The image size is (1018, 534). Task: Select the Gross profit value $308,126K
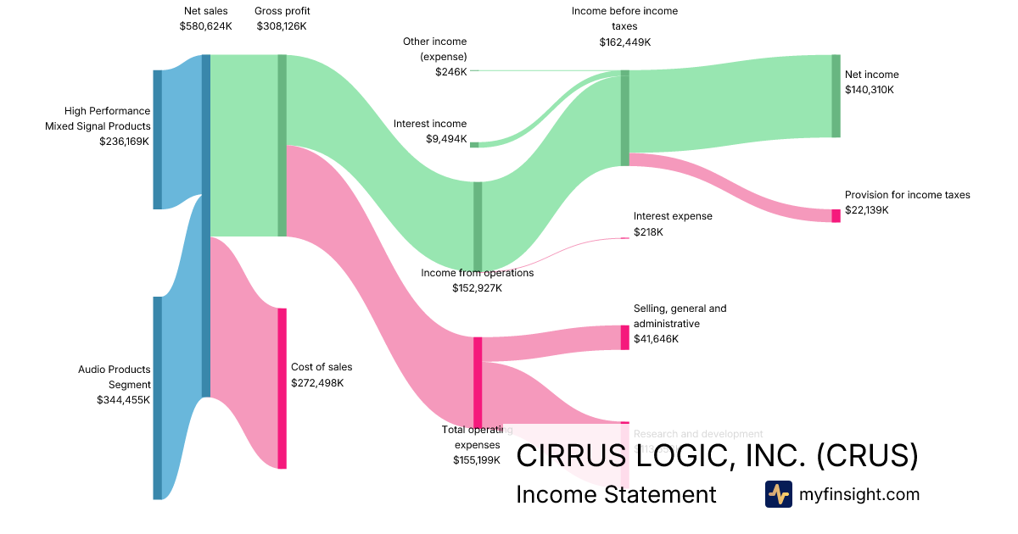click(282, 26)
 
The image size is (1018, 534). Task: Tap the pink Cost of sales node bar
click(282, 387)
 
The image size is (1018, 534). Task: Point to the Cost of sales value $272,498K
click(320, 383)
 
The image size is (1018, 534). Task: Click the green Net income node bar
click(836, 96)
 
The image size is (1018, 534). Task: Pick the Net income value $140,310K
click(870, 90)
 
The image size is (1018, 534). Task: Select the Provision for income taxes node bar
click(836, 215)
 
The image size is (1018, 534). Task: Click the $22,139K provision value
click(867, 210)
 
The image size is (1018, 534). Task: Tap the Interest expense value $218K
click(648, 232)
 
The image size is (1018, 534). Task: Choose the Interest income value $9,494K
click(446, 139)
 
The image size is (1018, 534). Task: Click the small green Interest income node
click(474, 145)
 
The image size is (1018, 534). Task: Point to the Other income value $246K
click(451, 72)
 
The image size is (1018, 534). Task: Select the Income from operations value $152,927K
click(477, 288)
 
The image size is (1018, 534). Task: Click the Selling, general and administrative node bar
click(625, 337)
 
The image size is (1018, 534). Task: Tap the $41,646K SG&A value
click(657, 339)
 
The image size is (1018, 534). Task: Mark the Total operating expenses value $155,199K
click(478, 460)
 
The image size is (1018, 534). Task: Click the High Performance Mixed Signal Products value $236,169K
click(124, 142)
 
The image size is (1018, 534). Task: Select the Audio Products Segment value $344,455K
click(124, 400)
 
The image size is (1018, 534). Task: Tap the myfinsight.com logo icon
click(778, 494)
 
